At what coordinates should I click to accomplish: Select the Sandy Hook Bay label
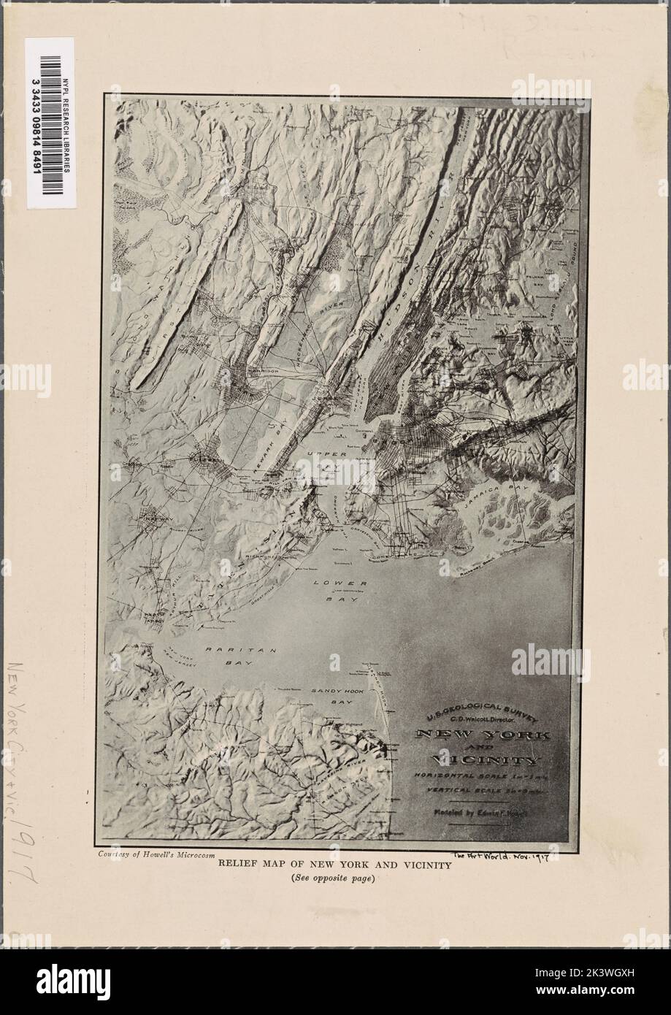pyautogui.click(x=333, y=695)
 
